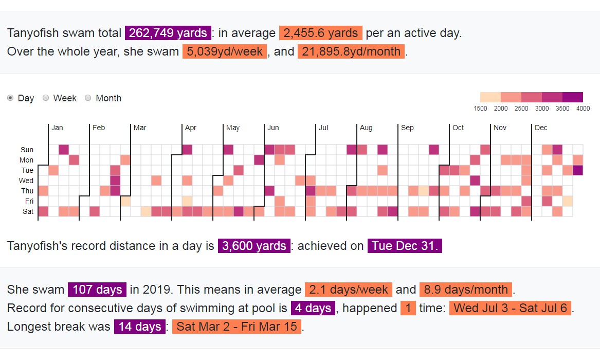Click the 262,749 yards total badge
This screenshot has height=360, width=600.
point(168,33)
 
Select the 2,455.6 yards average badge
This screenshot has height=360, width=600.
point(321,33)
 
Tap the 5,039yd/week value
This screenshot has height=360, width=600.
point(224,52)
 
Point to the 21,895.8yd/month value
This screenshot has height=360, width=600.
point(351,52)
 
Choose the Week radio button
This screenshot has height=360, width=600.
point(46,98)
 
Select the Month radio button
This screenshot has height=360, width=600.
point(88,98)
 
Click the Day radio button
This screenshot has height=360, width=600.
point(11,98)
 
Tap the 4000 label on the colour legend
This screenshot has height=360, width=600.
point(583,109)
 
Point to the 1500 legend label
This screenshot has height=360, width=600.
point(480,109)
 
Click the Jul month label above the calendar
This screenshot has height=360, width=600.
point(323,128)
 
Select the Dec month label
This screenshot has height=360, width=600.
point(541,128)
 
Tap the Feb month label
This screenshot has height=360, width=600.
point(99,128)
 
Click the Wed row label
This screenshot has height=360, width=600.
point(26,181)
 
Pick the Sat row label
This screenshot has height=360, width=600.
point(28,211)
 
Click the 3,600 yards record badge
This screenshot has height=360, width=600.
point(254,246)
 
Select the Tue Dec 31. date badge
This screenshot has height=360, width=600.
point(405,246)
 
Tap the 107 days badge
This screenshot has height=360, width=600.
point(97,290)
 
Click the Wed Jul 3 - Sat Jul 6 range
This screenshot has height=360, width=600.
point(511,308)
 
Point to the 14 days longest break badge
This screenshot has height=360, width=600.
point(140,327)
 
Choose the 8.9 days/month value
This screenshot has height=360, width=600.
point(466,290)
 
